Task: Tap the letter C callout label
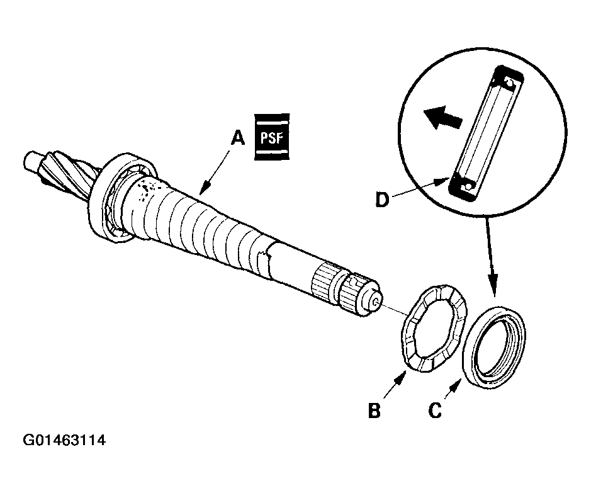(434, 411)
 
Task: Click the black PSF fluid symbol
(272, 137)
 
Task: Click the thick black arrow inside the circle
(441, 118)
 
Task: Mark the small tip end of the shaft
(375, 301)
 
